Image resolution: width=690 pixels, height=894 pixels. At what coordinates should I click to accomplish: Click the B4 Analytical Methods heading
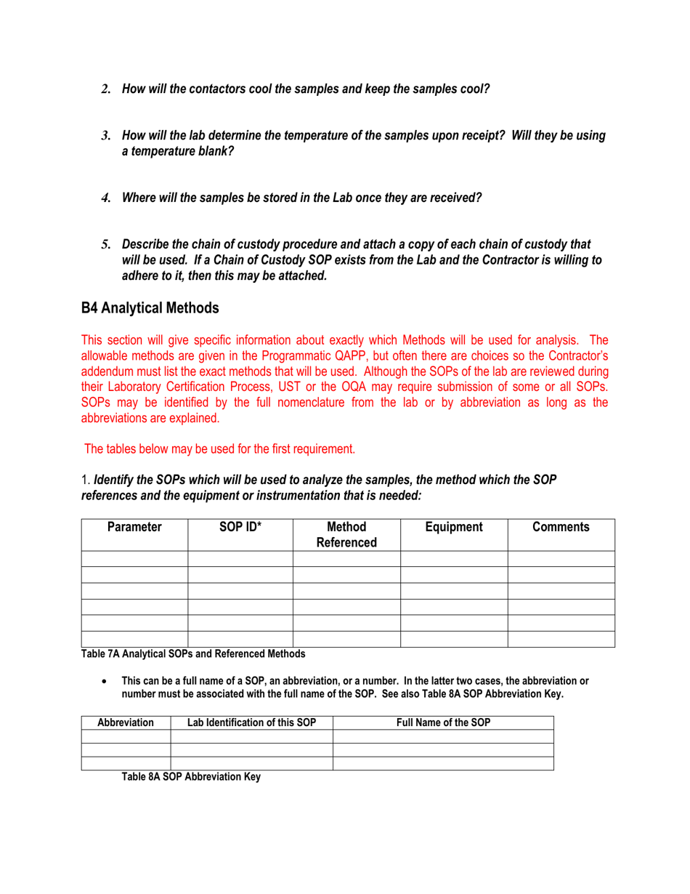click(x=150, y=308)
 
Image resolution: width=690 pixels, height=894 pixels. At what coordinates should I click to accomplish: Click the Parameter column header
click(x=134, y=527)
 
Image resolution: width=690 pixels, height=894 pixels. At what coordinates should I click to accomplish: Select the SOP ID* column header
click(x=240, y=527)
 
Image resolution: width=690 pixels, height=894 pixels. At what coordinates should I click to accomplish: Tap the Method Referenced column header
click(x=346, y=534)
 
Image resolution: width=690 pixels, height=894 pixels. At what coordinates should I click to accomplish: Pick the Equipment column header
click(x=454, y=527)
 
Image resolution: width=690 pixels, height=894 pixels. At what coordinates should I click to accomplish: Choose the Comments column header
click(x=561, y=527)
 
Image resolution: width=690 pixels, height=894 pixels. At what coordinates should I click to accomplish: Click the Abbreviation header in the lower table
click(x=126, y=723)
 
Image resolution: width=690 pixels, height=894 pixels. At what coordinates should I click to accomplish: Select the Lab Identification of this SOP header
click(x=251, y=723)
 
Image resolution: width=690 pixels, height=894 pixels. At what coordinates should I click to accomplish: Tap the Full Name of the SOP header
click(x=443, y=723)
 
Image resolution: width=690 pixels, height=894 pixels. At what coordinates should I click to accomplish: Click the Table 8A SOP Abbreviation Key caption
click(x=190, y=776)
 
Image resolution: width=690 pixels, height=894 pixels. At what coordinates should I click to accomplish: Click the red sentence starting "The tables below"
click(x=219, y=448)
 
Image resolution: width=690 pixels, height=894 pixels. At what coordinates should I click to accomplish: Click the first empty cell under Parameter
click(x=134, y=559)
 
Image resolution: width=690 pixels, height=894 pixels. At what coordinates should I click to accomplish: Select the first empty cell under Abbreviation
click(x=126, y=736)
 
